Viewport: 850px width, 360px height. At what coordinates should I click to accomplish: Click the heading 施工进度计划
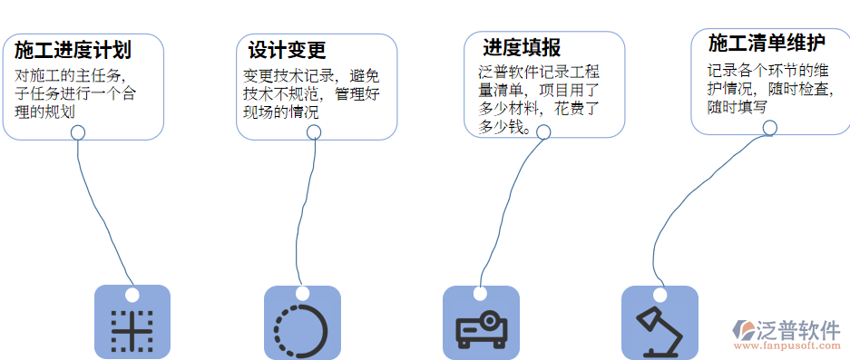pyautogui.click(x=73, y=50)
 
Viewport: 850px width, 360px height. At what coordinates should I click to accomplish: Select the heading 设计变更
pyautogui.click(x=287, y=50)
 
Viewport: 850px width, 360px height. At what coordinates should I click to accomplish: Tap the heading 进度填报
pyautogui.click(x=521, y=47)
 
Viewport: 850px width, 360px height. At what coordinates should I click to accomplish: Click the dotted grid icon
pyautogui.click(x=132, y=330)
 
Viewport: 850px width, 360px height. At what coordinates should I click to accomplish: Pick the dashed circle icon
pyautogui.click(x=302, y=330)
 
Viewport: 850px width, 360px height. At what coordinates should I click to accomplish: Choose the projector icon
pyautogui.click(x=481, y=329)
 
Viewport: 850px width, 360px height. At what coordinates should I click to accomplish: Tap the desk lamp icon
pyautogui.click(x=659, y=330)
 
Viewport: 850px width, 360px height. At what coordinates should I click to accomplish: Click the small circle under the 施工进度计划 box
pyautogui.click(x=79, y=132)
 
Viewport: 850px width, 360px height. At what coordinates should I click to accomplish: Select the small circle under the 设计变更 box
pyautogui.click(x=314, y=132)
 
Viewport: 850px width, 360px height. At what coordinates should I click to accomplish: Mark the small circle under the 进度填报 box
pyautogui.click(x=544, y=131)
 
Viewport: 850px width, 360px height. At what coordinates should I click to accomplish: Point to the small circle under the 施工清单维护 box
pyautogui.click(x=769, y=128)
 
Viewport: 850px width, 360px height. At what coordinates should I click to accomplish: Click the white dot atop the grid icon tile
pyautogui.click(x=132, y=295)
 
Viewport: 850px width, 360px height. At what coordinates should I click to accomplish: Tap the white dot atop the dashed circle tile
pyautogui.click(x=301, y=295)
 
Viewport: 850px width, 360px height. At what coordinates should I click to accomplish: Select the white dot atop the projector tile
pyautogui.click(x=480, y=295)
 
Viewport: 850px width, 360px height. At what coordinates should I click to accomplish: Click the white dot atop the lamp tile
pyautogui.click(x=659, y=295)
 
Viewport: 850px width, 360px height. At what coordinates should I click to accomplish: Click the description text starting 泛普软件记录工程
pyautogui.click(x=539, y=99)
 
